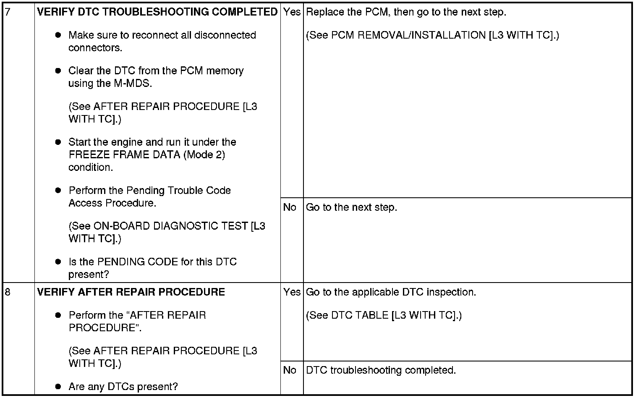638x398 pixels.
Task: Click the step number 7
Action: [x=7, y=12]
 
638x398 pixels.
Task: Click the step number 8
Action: [x=7, y=292]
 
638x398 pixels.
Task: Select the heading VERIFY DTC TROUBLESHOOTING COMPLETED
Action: [x=157, y=12]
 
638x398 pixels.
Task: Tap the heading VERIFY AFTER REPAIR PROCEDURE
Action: [x=131, y=292]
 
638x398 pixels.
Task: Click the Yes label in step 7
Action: [x=292, y=12]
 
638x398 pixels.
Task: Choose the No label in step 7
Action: [x=290, y=207]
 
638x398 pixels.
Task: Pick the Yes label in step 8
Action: [x=292, y=292]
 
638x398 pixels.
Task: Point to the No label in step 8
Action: [x=290, y=370]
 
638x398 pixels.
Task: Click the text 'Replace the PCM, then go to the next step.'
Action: [x=406, y=12]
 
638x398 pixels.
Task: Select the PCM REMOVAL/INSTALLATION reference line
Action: [x=432, y=35]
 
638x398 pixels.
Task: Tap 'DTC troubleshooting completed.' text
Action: [x=381, y=370]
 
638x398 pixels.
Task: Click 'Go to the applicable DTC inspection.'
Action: [x=391, y=292]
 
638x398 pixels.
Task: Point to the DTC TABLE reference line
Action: [x=384, y=315]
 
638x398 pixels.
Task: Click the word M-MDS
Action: [x=131, y=83]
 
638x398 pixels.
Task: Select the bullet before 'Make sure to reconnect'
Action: [x=58, y=35]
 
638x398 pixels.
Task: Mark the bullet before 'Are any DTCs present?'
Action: [x=58, y=387]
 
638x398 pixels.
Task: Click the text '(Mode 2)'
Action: [x=204, y=155]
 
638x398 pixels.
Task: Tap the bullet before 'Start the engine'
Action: [x=58, y=142]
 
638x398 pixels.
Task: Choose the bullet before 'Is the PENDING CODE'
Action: [x=58, y=262]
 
